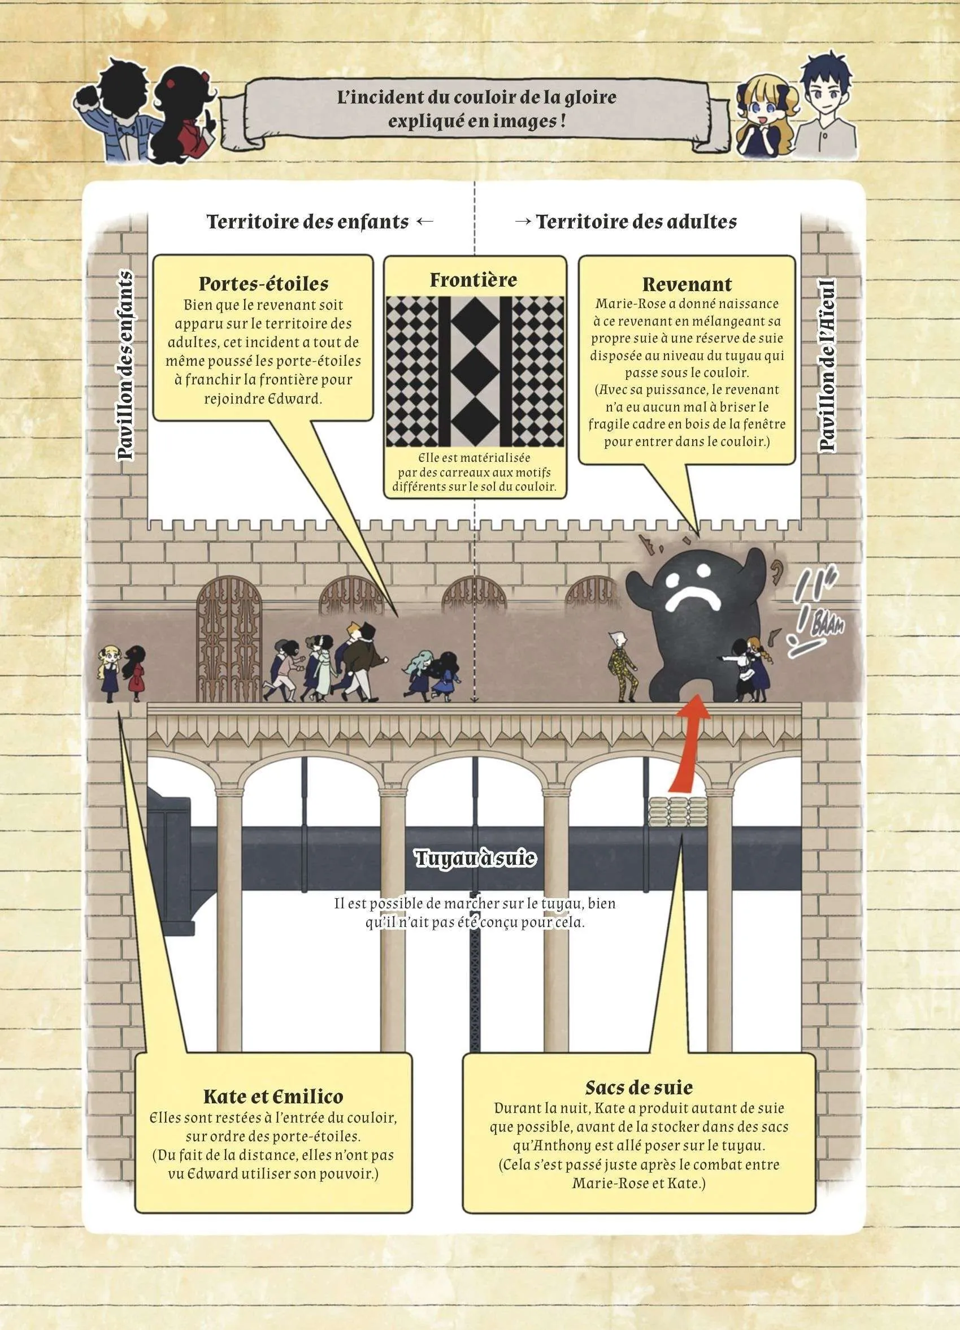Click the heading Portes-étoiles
[x=263, y=284]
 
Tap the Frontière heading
[x=474, y=280]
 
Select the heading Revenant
[x=687, y=284]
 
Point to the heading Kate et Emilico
[x=273, y=1097]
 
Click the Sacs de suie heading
[x=639, y=1089]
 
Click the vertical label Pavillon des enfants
[x=124, y=365]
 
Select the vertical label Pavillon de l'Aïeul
[x=827, y=365]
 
